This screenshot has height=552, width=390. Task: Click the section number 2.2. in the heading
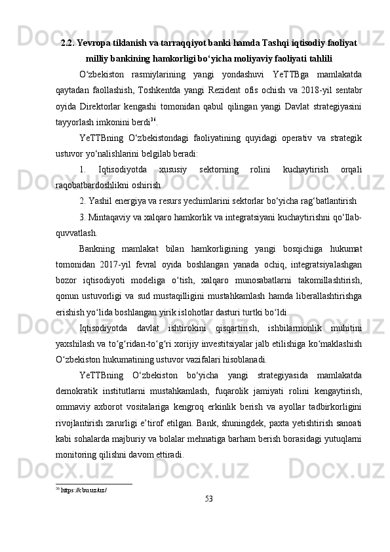tap(68, 43)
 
